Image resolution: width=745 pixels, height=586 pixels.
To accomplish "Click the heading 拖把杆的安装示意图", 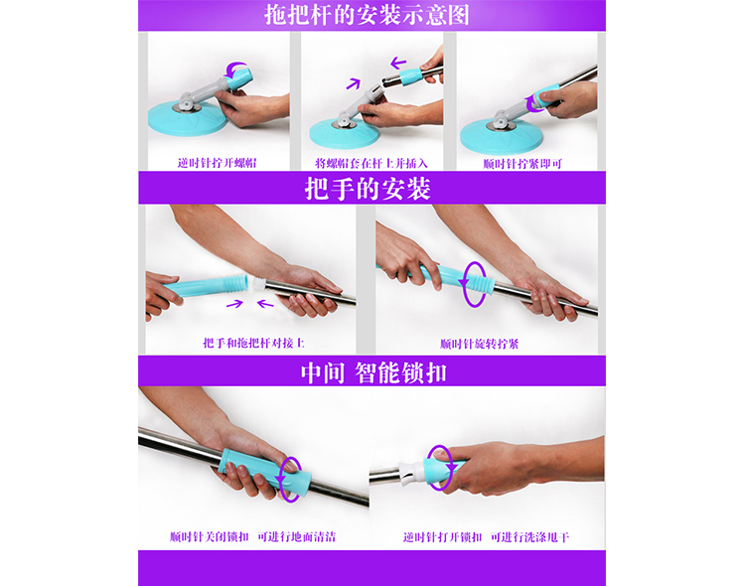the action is [x=367, y=15].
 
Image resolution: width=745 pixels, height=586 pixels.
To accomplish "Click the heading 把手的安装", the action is [x=368, y=188].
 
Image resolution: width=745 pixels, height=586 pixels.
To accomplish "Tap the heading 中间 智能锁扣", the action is [x=373, y=372].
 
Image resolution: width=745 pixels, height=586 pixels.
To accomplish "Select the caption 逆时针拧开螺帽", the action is [x=218, y=163].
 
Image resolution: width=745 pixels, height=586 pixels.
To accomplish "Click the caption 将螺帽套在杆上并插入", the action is [x=372, y=163].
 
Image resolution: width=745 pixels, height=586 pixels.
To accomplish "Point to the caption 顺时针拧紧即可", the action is [x=522, y=164].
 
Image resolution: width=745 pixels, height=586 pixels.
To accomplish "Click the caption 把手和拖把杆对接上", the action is [x=253, y=343].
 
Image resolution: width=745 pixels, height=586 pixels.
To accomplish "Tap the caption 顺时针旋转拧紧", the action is [x=479, y=343].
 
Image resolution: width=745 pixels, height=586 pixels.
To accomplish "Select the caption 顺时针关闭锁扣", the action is [x=209, y=536].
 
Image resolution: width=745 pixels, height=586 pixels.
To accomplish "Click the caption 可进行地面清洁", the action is [x=296, y=536].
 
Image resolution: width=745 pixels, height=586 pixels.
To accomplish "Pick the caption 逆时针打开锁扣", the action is [x=442, y=537].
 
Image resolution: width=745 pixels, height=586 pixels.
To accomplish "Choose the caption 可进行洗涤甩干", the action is [x=529, y=537].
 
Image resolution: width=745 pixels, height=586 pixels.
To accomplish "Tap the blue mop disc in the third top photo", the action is [x=501, y=136].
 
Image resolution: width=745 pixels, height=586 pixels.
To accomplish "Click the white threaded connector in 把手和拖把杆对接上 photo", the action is [x=259, y=284].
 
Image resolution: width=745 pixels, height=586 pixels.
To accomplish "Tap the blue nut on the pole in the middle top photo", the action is [x=410, y=76].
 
